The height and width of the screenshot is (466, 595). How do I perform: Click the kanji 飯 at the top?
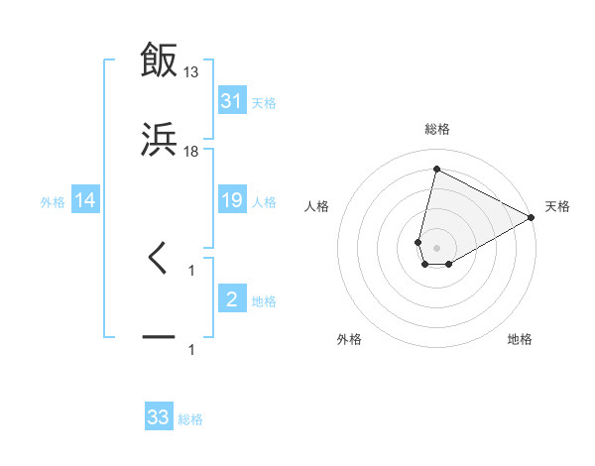click(x=159, y=59)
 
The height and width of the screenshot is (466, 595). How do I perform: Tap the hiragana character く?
click(x=159, y=259)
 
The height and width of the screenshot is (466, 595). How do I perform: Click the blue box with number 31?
click(x=231, y=101)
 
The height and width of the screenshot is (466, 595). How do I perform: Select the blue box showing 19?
click(x=231, y=201)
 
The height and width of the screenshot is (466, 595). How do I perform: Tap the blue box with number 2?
click(x=231, y=299)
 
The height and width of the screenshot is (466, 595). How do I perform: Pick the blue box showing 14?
click(x=85, y=201)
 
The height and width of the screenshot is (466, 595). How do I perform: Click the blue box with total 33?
click(x=159, y=417)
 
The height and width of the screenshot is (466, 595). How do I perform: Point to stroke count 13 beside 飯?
click(x=191, y=71)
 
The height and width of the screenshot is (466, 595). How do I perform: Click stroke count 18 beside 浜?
click(x=191, y=151)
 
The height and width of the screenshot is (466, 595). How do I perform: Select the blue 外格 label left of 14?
click(x=53, y=202)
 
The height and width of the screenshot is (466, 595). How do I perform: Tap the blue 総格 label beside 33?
click(x=190, y=419)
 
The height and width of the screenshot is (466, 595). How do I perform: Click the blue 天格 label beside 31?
click(x=264, y=102)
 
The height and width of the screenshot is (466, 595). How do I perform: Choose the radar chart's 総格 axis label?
click(x=437, y=129)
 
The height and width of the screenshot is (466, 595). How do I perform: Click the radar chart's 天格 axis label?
click(x=557, y=206)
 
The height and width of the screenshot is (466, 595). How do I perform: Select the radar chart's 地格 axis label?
click(x=520, y=339)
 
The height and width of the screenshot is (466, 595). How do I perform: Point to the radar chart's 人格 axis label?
click(x=317, y=206)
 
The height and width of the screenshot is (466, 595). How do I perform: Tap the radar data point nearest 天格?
click(x=532, y=217)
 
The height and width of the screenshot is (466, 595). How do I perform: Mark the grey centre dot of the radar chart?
click(x=436, y=234)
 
